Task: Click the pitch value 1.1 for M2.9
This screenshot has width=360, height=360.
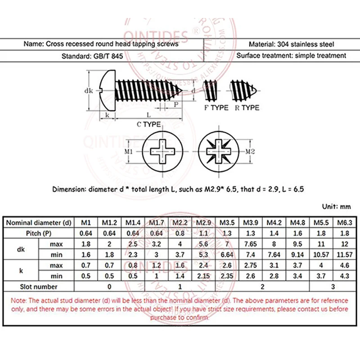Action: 202,233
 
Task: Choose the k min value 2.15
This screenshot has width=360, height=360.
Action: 202,276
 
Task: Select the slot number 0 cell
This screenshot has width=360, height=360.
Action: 108,287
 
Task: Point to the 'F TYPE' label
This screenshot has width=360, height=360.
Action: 216,108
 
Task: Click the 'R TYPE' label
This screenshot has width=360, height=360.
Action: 247,108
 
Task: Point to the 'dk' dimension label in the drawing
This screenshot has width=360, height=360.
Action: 88,91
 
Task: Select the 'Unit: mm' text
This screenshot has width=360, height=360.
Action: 336,207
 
